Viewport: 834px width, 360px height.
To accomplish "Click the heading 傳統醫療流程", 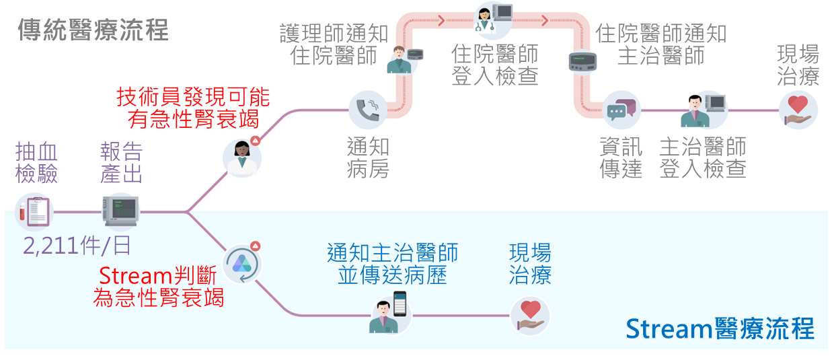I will point(93,30).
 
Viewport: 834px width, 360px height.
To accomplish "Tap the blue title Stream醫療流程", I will point(719,329).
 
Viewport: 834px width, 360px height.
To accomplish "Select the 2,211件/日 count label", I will point(77,245).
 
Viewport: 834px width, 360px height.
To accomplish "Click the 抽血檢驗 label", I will point(36,163).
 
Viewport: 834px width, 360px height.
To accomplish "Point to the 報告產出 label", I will point(121,163).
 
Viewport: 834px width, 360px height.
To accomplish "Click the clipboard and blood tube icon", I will point(34,211).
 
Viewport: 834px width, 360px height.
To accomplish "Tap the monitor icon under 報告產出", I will point(120,211).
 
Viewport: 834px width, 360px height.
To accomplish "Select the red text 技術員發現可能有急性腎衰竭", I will point(193,108).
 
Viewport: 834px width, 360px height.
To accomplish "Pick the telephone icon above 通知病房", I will point(368,110).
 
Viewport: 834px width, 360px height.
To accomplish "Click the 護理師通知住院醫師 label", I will point(334,44).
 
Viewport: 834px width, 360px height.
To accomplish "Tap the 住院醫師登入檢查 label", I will point(495,65).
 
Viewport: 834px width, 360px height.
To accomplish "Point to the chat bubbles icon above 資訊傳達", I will point(619,110).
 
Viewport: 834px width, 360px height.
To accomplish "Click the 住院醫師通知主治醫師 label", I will point(661,44).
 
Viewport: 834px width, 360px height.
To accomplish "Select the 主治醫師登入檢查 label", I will point(702,157).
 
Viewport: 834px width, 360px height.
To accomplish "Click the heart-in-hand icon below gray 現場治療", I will point(798,110).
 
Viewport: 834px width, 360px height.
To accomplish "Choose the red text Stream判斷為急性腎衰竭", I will point(159,286).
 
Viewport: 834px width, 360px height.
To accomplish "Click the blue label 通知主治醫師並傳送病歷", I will point(392,263).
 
